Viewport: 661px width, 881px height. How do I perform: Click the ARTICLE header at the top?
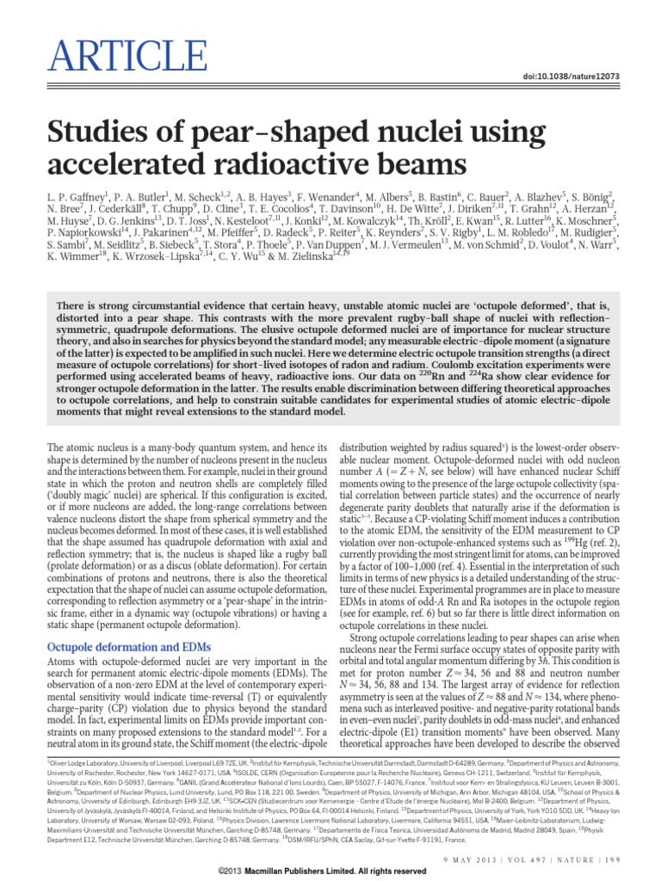(97, 33)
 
